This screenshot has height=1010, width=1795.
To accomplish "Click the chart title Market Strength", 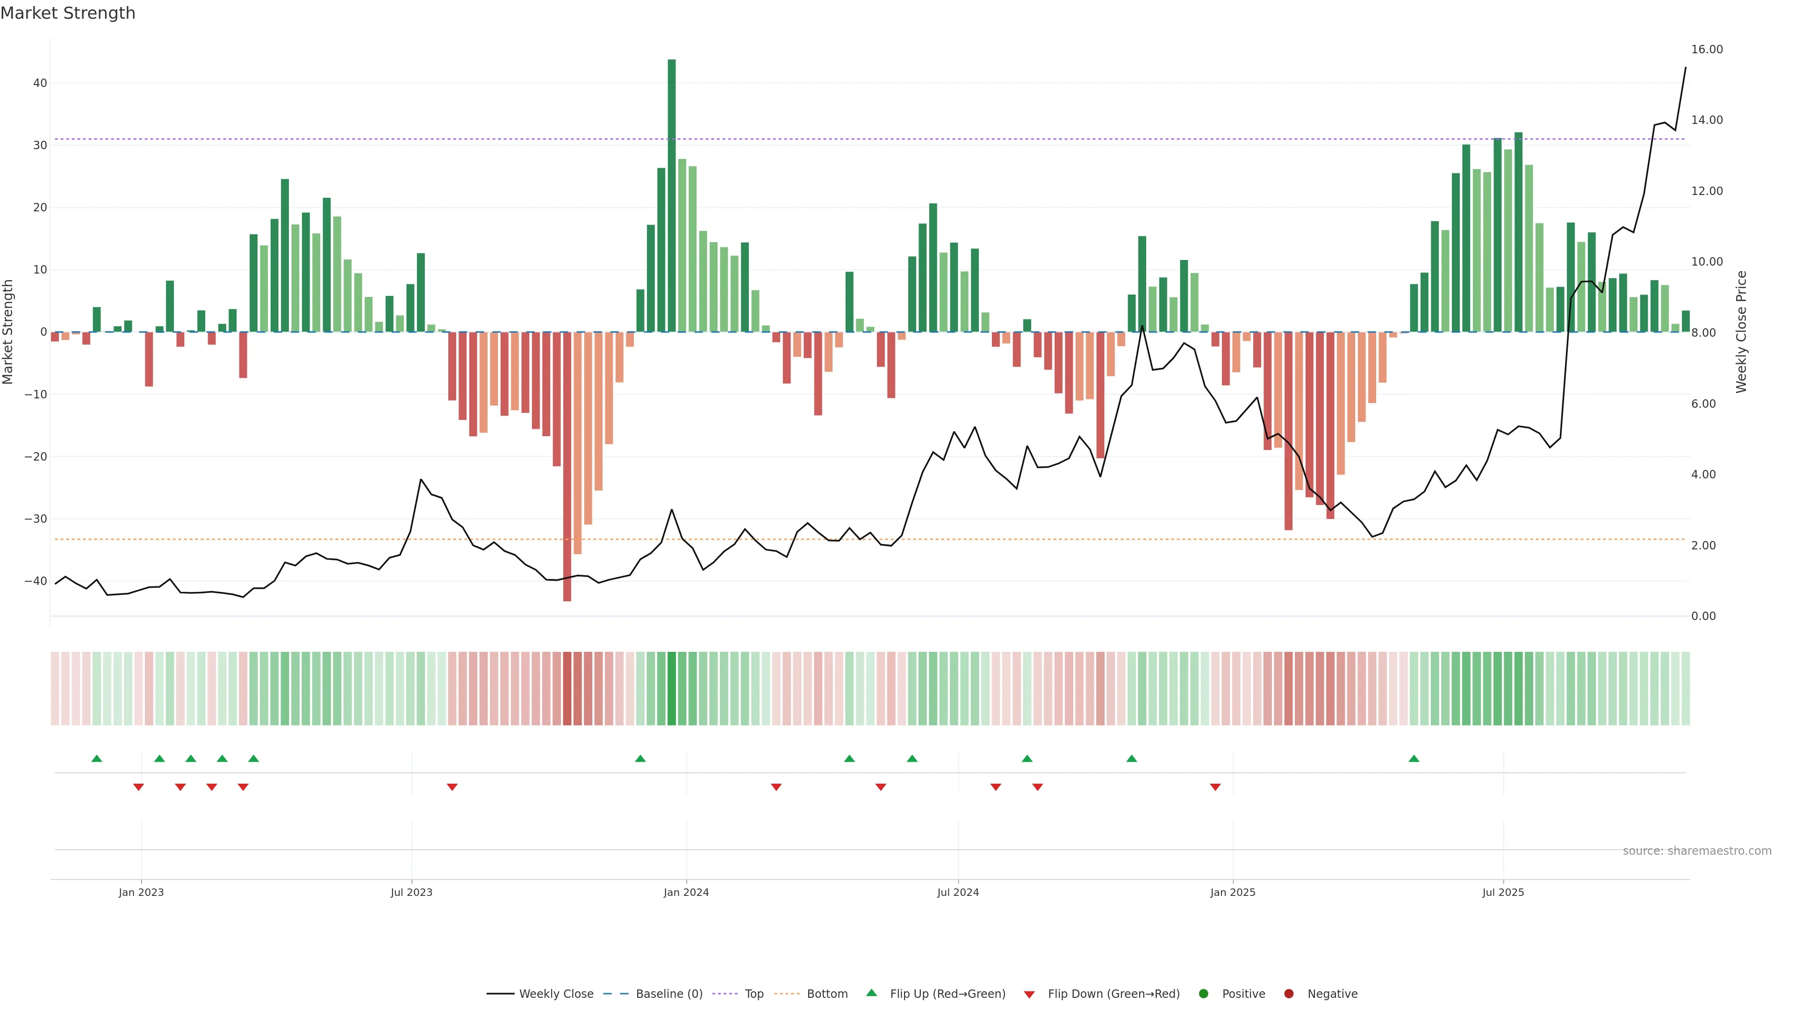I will pyautogui.click(x=68, y=13).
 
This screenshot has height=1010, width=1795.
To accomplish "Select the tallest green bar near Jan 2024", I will pyautogui.click(x=671, y=195).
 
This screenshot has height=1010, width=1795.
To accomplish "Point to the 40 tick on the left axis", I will pyautogui.click(x=40, y=83).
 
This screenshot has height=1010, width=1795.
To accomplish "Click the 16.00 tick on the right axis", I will pyautogui.click(x=1707, y=50).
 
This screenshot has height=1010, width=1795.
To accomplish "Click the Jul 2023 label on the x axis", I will pyautogui.click(x=411, y=892).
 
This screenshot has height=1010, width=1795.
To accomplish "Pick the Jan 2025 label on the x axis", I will pyautogui.click(x=1232, y=892).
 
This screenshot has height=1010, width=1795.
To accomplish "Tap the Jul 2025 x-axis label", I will pyautogui.click(x=1502, y=892).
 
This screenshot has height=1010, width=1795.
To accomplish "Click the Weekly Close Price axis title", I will pyautogui.click(x=1741, y=332).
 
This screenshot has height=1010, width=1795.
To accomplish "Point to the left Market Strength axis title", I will pyautogui.click(x=8, y=332).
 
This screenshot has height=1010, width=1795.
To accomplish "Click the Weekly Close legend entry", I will pyautogui.click(x=555, y=994).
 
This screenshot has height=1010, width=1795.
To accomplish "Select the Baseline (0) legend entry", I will pyautogui.click(x=668, y=994).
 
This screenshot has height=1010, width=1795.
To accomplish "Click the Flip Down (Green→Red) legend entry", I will pyautogui.click(x=1113, y=994).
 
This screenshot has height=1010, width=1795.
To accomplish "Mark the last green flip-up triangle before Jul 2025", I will pyautogui.click(x=1413, y=758).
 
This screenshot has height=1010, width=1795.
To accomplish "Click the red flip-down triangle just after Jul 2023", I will pyautogui.click(x=452, y=787).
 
